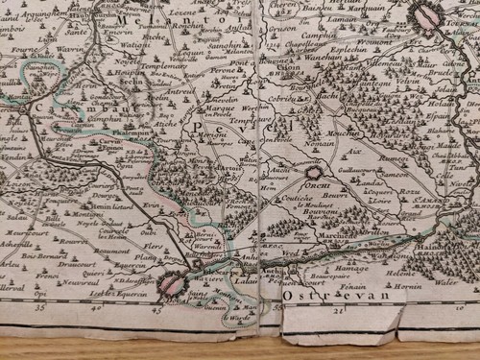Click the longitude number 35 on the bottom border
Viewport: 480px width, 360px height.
[x=39, y=310]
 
